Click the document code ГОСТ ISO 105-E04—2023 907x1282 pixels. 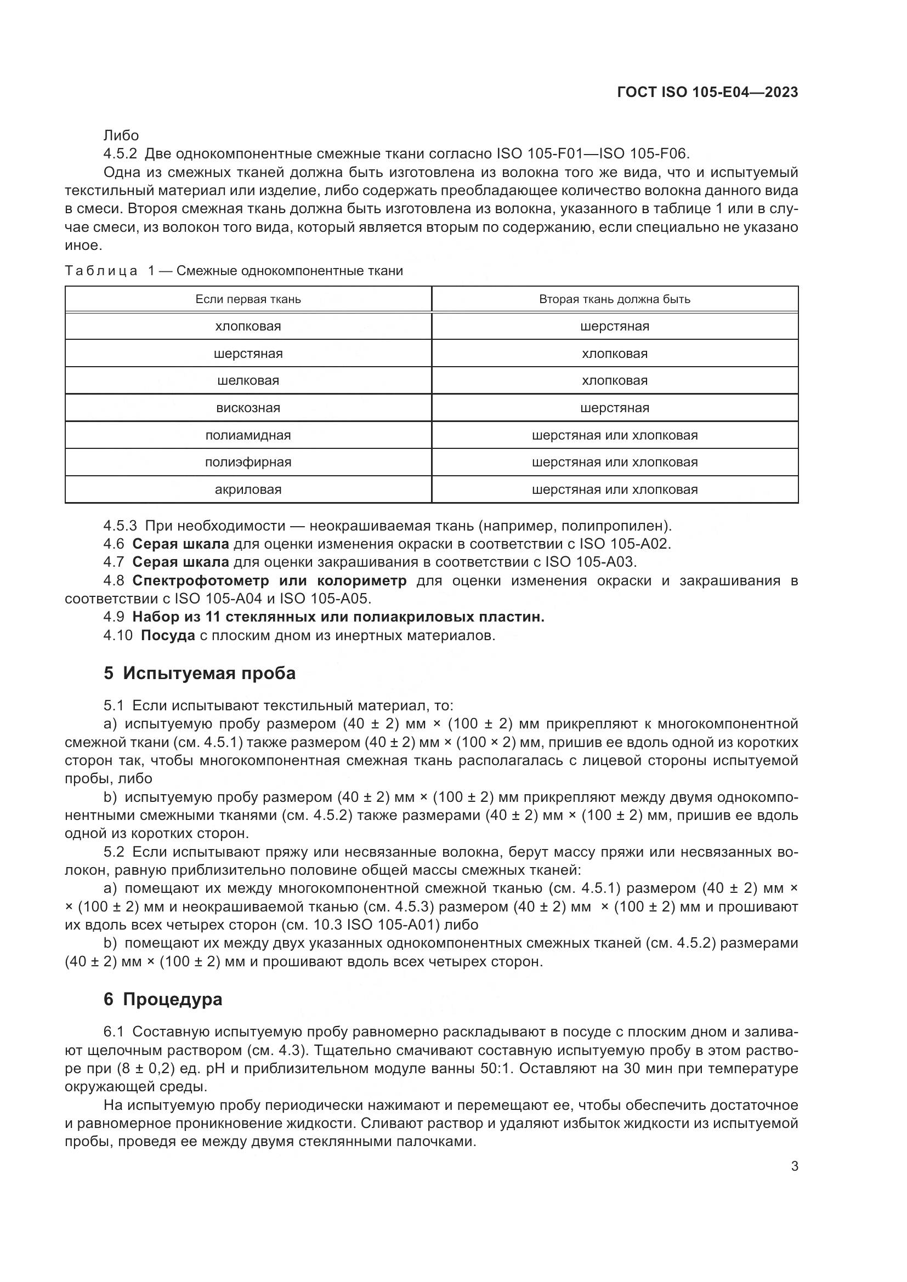coord(707,92)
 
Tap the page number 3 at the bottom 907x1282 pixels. coord(794,1166)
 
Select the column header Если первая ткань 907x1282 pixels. coord(248,299)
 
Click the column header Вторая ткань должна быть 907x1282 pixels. coord(614,299)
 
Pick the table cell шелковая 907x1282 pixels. coord(248,381)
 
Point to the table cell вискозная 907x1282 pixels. coord(248,408)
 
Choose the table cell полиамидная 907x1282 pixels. coord(248,436)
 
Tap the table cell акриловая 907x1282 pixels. coord(248,489)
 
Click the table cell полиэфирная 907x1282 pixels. coord(248,463)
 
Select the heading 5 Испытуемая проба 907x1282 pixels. coord(200,674)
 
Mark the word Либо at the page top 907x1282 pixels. coord(121,136)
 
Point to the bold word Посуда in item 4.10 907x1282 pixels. coord(168,635)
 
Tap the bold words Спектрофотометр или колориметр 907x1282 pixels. coord(269,580)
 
